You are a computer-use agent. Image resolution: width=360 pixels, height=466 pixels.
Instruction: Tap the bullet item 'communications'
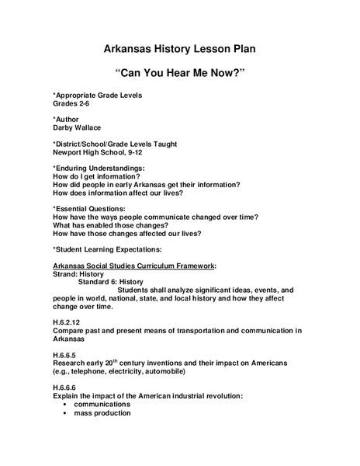tap(102, 404)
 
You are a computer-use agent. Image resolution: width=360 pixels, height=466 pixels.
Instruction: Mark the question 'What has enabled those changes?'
tap(112, 225)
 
